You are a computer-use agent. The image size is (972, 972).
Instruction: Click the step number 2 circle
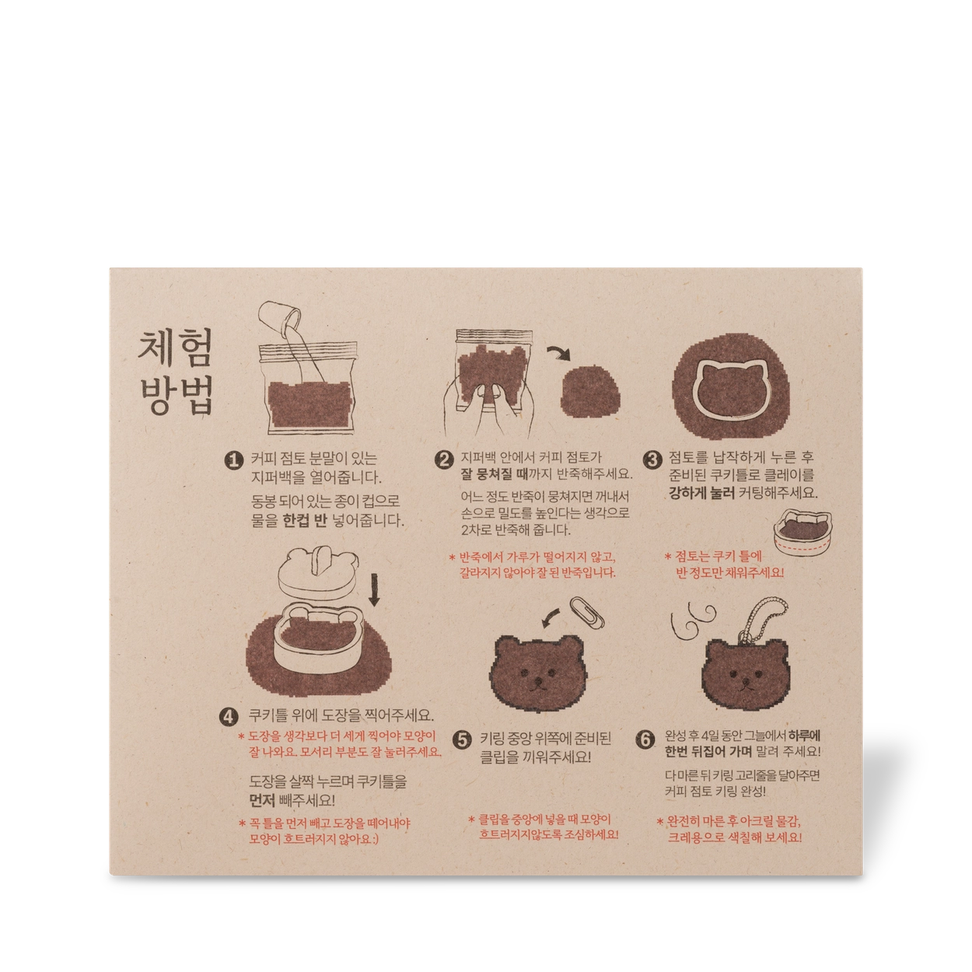pos(444,460)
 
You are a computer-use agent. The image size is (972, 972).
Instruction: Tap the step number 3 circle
pos(652,460)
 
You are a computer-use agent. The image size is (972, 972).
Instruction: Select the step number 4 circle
pos(229,717)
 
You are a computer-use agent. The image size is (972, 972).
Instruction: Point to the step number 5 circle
pos(462,740)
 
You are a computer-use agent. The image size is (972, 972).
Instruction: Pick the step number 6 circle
pos(645,739)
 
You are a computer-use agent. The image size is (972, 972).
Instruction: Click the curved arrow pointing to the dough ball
pos(558,352)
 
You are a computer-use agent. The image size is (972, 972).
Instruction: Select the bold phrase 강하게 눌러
pos(701,493)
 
